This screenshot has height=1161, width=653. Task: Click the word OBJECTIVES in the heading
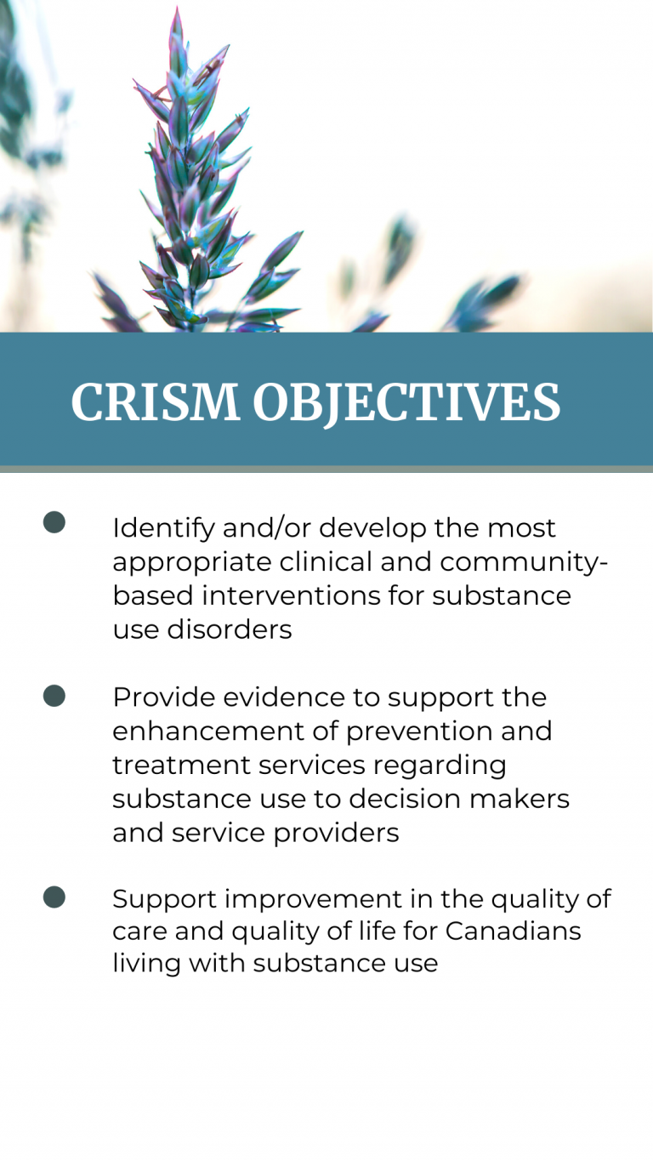(x=406, y=402)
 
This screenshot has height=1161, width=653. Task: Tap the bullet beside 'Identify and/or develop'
(x=54, y=522)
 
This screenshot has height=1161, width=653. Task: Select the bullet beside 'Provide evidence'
(x=54, y=696)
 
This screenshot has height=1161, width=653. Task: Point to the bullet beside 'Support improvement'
(x=54, y=896)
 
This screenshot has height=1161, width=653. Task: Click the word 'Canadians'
(x=513, y=931)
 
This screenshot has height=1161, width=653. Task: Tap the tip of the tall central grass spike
(x=177, y=10)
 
